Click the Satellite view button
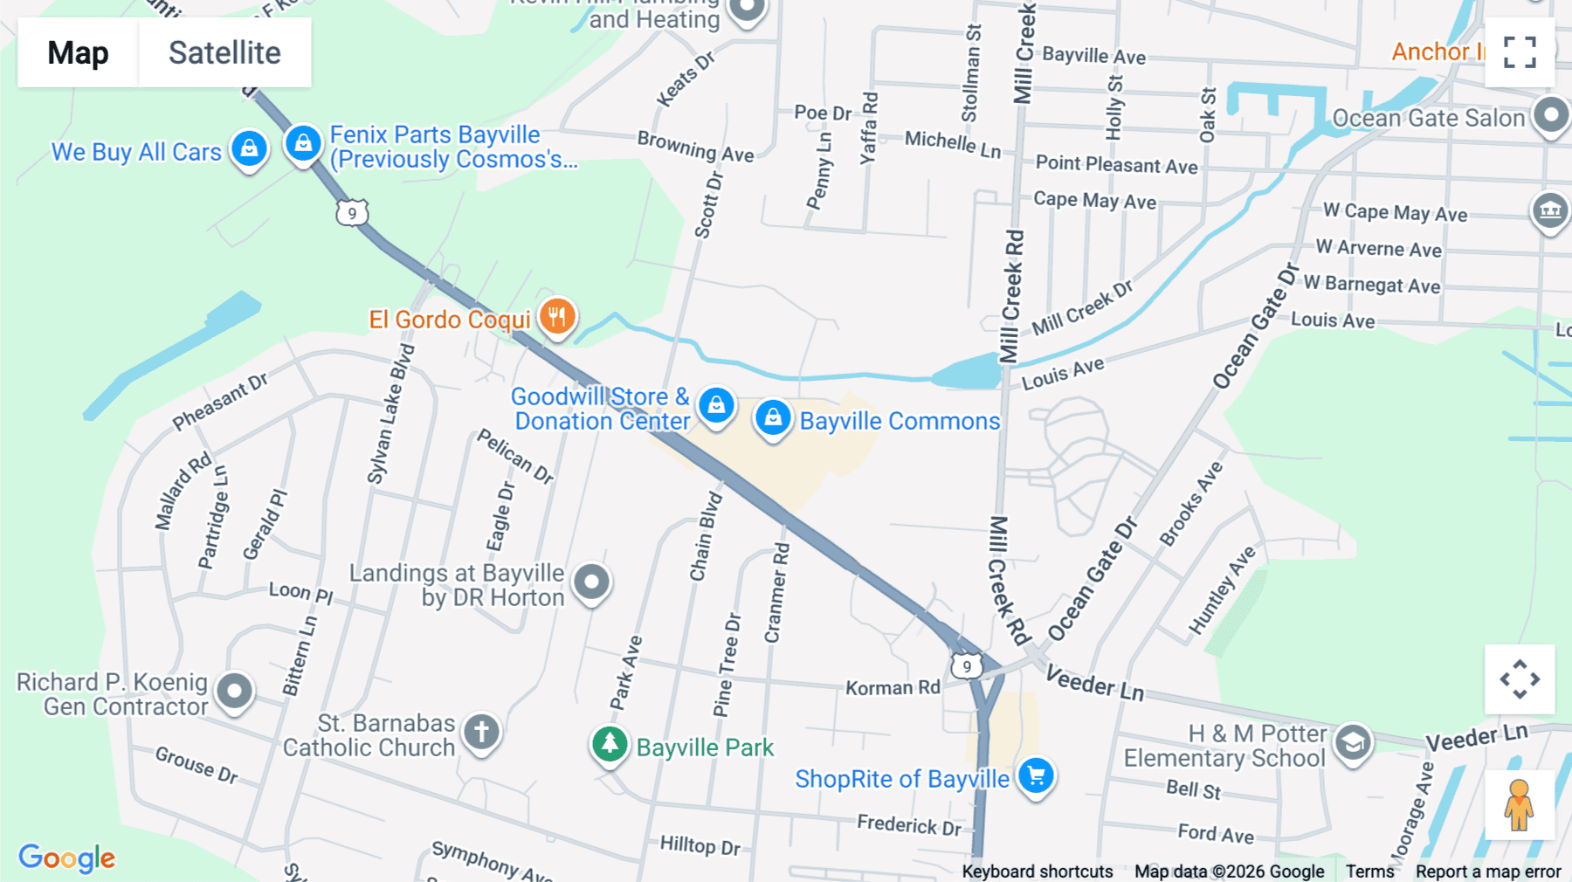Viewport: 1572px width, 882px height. click(224, 53)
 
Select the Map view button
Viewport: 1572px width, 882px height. click(78, 53)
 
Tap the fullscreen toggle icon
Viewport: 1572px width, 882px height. click(1520, 52)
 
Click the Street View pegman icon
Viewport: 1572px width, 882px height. click(1519, 805)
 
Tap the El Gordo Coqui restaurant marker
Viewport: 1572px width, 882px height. click(557, 315)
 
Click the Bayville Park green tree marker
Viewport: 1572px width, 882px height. click(610, 745)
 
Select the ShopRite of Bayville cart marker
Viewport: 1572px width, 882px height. click(1036, 775)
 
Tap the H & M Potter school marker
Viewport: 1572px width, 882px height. click(1353, 742)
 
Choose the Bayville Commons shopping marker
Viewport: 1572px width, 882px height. click(773, 418)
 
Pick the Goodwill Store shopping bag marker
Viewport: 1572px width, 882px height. click(716, 405)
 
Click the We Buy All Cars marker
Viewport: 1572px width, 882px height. click(249, 148)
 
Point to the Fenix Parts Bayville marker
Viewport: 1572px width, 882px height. click(303, 142)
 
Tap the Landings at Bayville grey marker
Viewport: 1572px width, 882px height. click(591, 582)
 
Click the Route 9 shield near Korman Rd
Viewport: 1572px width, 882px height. click(966, 667)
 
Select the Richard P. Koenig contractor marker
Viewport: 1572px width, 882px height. click(234, 692)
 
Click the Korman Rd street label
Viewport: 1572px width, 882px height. click(893, 688)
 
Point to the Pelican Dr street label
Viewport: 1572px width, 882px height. click(515, 456)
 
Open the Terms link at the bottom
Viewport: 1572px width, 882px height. click(1369, 872)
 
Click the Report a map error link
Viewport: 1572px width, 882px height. click(1488, 872)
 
